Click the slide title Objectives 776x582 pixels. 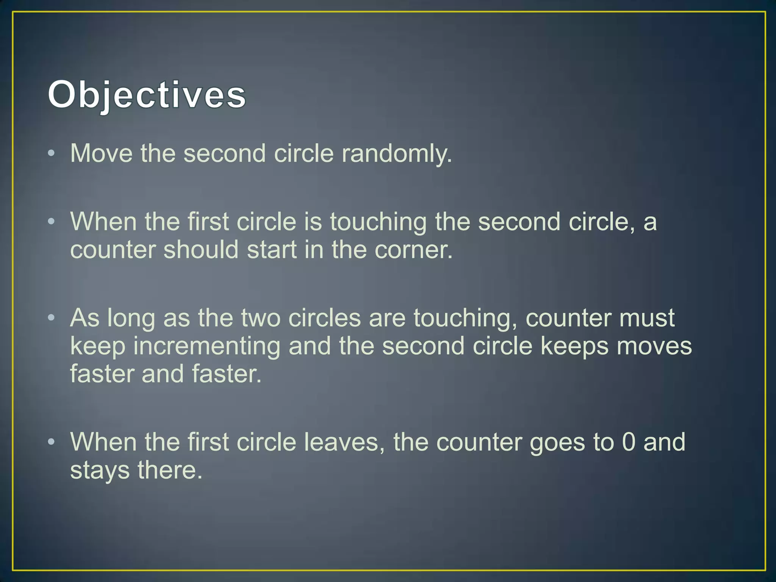pyautogui.click(x=147, y=95)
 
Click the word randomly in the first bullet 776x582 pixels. pyautogui.click(x=397, y=154)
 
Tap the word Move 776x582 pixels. pyautogui.click(x=102, y=153)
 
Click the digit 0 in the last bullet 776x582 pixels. pyautogui.click(x=629, y=442)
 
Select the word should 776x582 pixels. pyautogui.click(x=201, y=250)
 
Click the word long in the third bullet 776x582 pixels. pyautogui.click(x=131, y=318)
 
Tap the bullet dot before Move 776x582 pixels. pyautogui.click(x=52, y=153)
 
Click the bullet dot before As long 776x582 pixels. pyautogui.click(x=52, y=318)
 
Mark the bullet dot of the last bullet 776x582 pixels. pyautogui.click(x=52, y=442)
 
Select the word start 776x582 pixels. pyautogui.click(x=272, y=250)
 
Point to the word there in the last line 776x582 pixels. pyautogui.click(x=170, y=470)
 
